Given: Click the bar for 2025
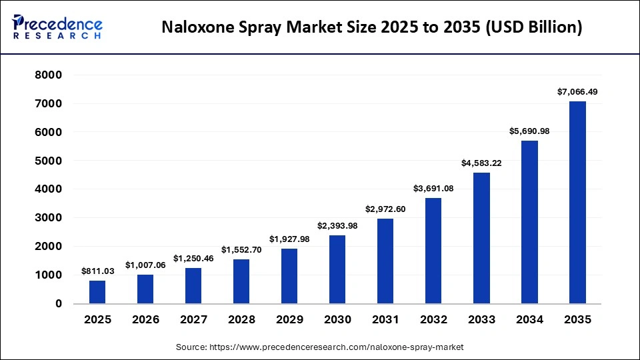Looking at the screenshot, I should (x=97, y=292).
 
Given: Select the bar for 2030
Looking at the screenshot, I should (x=337, y=269).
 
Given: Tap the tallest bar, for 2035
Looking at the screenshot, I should (x=577, y=203).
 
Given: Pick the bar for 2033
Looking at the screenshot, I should (x=481, y=238).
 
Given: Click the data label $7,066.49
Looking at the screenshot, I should (x=577, y=92).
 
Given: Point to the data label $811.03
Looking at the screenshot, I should (x=97, y=271).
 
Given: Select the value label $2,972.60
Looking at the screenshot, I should (x=385, y=209).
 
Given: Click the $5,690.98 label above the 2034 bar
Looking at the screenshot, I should (x=529, y=131).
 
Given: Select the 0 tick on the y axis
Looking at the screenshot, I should (x=59, y=304).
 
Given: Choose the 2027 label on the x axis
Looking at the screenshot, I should (x=193, y=320).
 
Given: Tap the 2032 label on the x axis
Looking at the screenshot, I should (x=433, y=320).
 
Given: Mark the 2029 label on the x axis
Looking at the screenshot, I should (x=289, y=320).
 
